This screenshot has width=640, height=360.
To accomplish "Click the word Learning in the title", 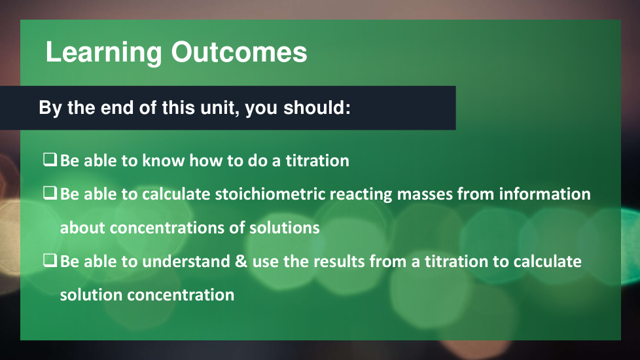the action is tap(103, 52).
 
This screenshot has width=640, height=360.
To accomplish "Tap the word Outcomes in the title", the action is tap(239, 52).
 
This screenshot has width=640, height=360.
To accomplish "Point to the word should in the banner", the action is tap(317, 107).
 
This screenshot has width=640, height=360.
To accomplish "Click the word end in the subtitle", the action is tap(117, 107).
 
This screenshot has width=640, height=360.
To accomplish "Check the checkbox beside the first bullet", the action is tap(50, 159).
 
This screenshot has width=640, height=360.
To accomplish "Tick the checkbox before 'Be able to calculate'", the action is tap(50, 192).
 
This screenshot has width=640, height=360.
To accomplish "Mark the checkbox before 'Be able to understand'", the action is tap(50, 260).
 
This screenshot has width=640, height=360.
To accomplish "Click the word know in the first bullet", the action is tap(163, 160).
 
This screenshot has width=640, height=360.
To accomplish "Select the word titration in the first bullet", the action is tap(317, 160).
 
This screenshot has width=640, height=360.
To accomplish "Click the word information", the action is tap(544, 194).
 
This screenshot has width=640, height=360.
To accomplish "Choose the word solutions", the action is tap(285, 227).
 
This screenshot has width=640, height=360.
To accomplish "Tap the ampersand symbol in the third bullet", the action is tap(241, 261).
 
